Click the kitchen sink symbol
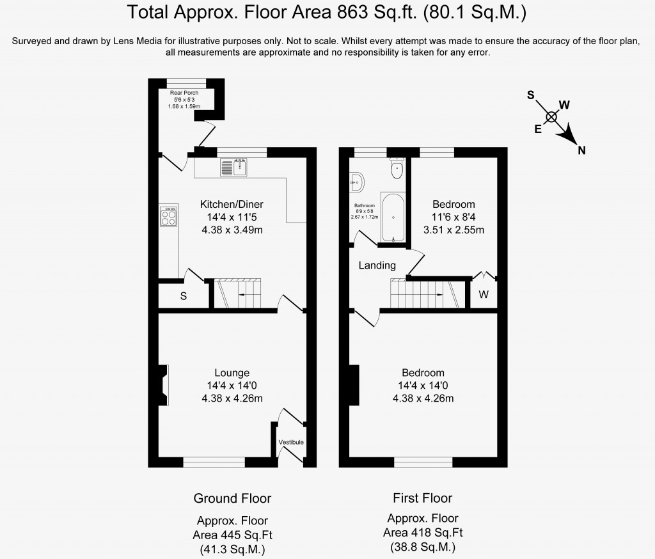[234, 168]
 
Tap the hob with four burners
[168, 216]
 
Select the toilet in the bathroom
[397, 169]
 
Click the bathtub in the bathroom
[393, 217]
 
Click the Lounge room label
[232, 373]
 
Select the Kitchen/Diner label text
[232, 204]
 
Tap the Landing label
[377, 265]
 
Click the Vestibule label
[291, 443]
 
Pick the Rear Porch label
[184, 93]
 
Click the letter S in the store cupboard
[184, 297]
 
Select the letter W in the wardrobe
[484, 295]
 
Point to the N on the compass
[581, 150]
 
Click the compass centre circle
[551, 116]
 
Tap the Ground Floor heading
[232, 498]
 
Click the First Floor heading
[422, 498]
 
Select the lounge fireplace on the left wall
[164, 385]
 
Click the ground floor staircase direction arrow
[242, 295]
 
